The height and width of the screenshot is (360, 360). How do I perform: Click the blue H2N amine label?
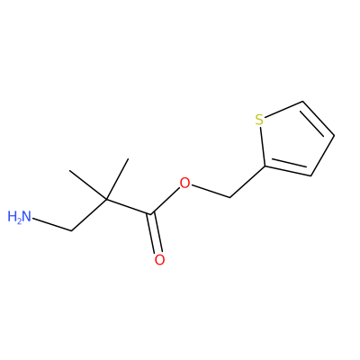pos(19,217)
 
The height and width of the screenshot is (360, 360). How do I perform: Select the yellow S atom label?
pos(259,120)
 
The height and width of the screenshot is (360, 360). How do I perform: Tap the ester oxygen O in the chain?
pos(185,183)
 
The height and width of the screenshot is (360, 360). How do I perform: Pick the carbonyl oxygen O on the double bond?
pos(159,259)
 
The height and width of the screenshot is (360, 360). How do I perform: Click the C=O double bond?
pos(155,233)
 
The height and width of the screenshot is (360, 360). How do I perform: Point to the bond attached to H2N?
pos(52,224)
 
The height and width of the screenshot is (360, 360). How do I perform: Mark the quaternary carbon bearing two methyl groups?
pos(107,199)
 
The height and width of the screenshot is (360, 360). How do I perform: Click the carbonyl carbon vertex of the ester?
pos(150,214)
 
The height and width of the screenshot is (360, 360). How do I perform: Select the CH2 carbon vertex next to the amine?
pos(72,230)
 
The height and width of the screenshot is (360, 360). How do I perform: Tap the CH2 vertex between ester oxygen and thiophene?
pos(229,197)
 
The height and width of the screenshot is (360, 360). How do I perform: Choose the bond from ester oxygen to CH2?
pos(211,191)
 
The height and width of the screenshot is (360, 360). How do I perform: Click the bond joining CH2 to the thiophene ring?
pos(247,182)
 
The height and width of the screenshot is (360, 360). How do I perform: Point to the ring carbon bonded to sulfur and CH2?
pos(265,166)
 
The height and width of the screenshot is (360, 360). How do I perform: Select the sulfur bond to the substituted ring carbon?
pos(263,146)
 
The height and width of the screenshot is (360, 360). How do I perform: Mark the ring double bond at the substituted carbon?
pos(288,169)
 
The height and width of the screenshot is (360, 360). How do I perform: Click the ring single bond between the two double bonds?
pos(322,156)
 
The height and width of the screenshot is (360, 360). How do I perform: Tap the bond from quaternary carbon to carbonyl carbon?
pos(129,206)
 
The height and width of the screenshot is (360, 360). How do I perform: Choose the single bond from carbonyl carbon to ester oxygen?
pos(166,201)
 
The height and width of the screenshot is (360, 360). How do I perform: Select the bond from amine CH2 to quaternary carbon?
pos(89,215)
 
